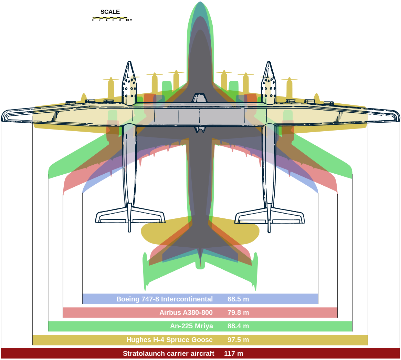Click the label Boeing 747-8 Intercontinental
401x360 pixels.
[165, 299]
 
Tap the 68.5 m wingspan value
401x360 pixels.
[238, 299]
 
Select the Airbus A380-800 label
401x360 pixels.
[186, 313]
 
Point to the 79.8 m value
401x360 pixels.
[238, 313]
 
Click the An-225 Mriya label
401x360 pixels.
[191, 326]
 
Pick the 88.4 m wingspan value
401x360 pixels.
[238, 326]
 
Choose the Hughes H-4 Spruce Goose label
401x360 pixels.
[169, 340]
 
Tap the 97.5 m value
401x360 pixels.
[238, 340]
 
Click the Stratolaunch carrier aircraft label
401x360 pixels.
[168, 354]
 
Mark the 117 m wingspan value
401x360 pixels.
[233, 354]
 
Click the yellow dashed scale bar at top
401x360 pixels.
[110, 18]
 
